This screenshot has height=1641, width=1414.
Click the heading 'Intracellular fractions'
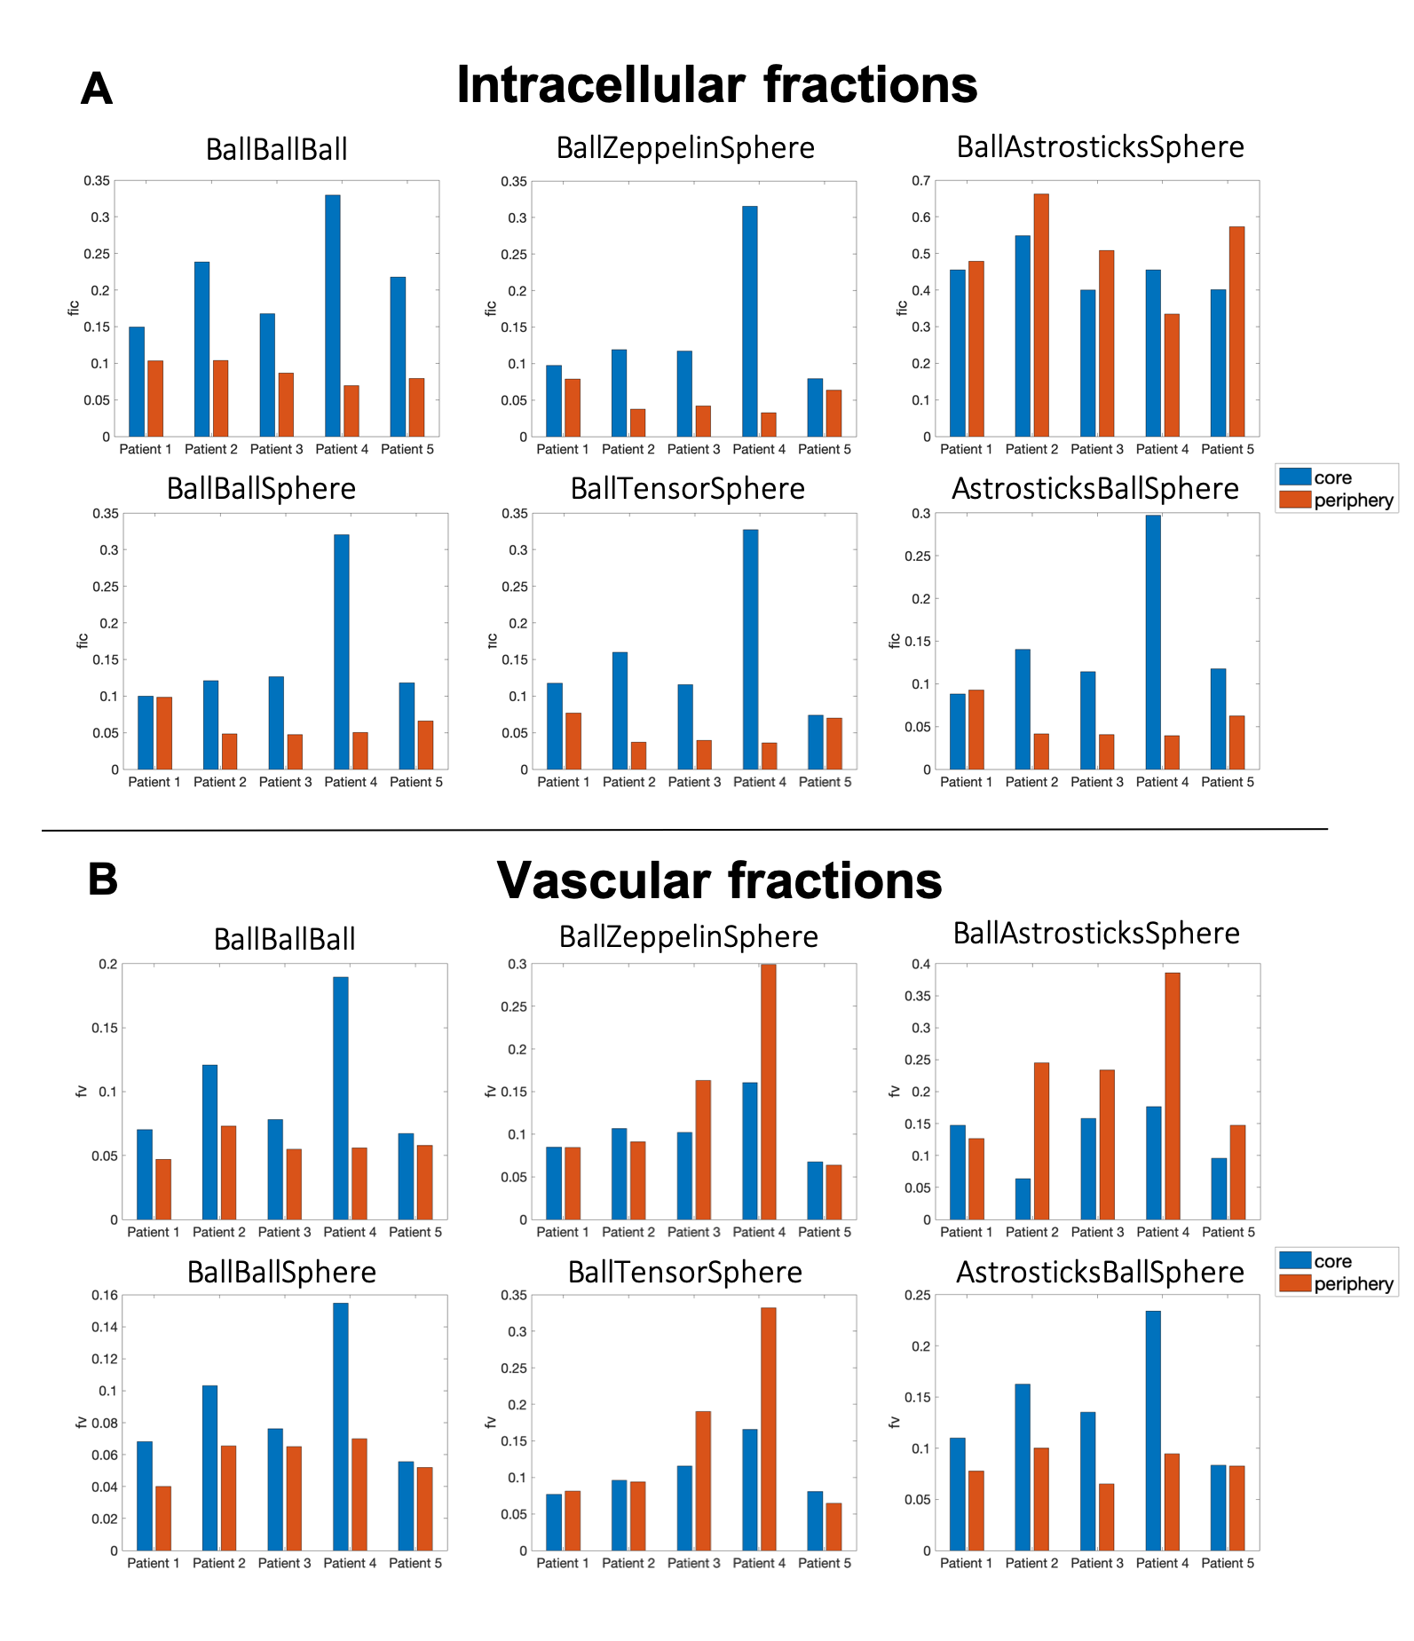[716, 85]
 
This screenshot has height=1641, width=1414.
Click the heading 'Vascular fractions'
[719, 880]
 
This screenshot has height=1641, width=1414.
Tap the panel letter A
[97, 89]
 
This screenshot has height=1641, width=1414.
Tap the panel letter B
[103, 880]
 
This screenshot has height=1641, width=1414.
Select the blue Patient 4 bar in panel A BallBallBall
[333, 315]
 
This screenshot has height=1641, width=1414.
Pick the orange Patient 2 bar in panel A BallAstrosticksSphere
[1041, 315]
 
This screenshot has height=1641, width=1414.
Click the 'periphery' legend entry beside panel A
[1353, 501]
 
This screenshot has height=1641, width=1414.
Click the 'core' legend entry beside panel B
[1332, 1261]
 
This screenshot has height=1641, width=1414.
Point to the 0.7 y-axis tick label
[921, 181]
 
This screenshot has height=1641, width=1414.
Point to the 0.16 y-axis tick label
[105, 1295]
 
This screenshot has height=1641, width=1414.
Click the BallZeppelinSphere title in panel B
[689, 937]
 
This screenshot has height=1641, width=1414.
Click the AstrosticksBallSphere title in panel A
[1095, 489]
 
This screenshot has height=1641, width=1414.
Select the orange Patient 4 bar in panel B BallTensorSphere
[768, 1429]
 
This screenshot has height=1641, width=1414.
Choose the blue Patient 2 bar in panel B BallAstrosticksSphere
[1023, 1198]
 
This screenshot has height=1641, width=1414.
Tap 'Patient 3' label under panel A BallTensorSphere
[694, 782]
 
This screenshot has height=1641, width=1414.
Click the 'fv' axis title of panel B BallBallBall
[82, 1091]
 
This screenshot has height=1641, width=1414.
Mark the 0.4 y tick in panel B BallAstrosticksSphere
[921, 964]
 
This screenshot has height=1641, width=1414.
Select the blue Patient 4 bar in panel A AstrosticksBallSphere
[1153, 642]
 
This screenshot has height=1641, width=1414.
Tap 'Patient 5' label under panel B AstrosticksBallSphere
[1228, 1563]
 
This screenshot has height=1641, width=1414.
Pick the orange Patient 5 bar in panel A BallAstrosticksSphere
[1236, 331]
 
